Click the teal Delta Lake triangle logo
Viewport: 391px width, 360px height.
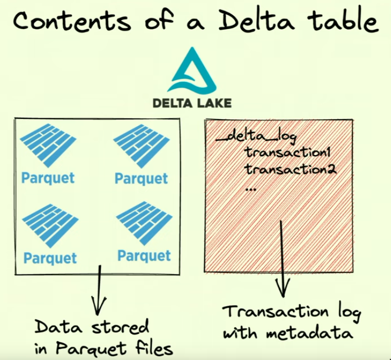[x=192, y=72]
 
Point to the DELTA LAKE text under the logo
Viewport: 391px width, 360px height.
[x=192, y=102]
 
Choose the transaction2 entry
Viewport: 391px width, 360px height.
[x=291, y=170]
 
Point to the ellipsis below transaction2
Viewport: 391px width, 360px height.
[x=251, y=188]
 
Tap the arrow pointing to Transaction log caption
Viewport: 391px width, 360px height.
[x=283, y=259]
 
